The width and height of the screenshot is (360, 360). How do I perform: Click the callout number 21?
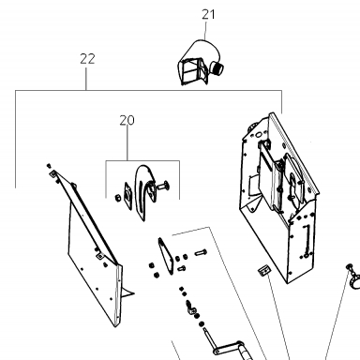tap(208, 14)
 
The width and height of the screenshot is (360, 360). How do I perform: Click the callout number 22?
tap(87, 59)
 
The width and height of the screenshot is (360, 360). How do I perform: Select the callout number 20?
tap(127, 120)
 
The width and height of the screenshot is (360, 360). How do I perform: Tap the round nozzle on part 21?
tap(217, 67)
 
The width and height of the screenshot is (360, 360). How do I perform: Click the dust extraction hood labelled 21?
tap(200, 63)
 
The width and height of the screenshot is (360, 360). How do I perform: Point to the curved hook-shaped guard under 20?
tap(143, 190)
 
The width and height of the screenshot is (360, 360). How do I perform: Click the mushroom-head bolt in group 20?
tap(162, 187)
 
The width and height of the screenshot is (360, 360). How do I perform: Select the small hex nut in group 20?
tap(118, 198)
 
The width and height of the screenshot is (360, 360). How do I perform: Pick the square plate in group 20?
tap(128, 197)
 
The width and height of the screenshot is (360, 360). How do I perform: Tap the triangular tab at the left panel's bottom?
tap(127, 292)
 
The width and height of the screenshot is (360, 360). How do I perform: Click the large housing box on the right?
tap(278, 197)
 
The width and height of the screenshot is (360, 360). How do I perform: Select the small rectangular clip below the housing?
tap(264, 270)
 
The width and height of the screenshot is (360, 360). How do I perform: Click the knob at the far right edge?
tap(353, 278)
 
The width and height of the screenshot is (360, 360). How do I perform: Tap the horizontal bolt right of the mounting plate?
tap(201, 252)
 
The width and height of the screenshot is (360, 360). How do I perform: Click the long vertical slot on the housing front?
tap(307, 238)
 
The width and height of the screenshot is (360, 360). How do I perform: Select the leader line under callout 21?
tap(205, 31)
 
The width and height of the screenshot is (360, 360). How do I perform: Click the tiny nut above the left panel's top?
tap(49, 165)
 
